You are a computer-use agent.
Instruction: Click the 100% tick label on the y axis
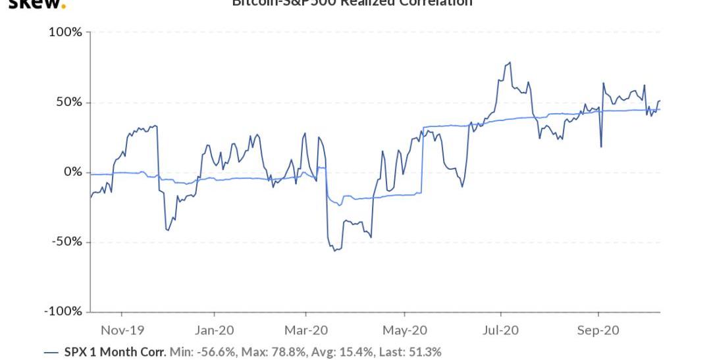pos(65,32)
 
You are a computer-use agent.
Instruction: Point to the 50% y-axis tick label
pos(68,102)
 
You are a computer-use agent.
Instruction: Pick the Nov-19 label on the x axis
pos(122,330)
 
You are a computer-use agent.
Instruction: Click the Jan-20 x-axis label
pos(215,330)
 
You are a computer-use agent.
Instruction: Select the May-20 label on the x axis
pos(404,330)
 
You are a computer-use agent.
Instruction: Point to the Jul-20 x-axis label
pos(500,330)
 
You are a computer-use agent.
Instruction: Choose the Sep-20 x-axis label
pos(598,330)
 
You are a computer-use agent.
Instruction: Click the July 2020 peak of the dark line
pos(510,63)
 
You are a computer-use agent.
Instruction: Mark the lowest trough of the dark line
pos(335,251)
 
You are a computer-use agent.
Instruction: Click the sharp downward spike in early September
pos(601,146)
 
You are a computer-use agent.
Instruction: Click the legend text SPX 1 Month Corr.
pos(115,352)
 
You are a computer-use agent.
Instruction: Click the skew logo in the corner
pos(37,4)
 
